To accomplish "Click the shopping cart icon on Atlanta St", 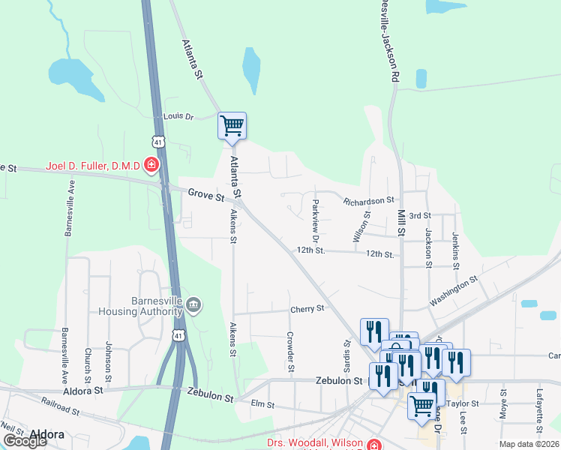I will (x=232, y=126).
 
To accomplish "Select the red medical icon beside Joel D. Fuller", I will (x=152, y=164).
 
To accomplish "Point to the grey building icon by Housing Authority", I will (x=193, y=304).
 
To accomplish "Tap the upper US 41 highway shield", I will (x=157, y=141).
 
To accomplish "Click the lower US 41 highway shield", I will (x=178, y=337).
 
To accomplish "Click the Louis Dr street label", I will (x=178, y=117).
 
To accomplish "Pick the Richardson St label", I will (x=368, y=201).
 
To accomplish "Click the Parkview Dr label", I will (x=316, y=216).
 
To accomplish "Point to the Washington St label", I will (x=453, y=291).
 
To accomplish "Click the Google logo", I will (x=25, y=441).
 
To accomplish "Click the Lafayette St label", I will (x=539, y=411).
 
